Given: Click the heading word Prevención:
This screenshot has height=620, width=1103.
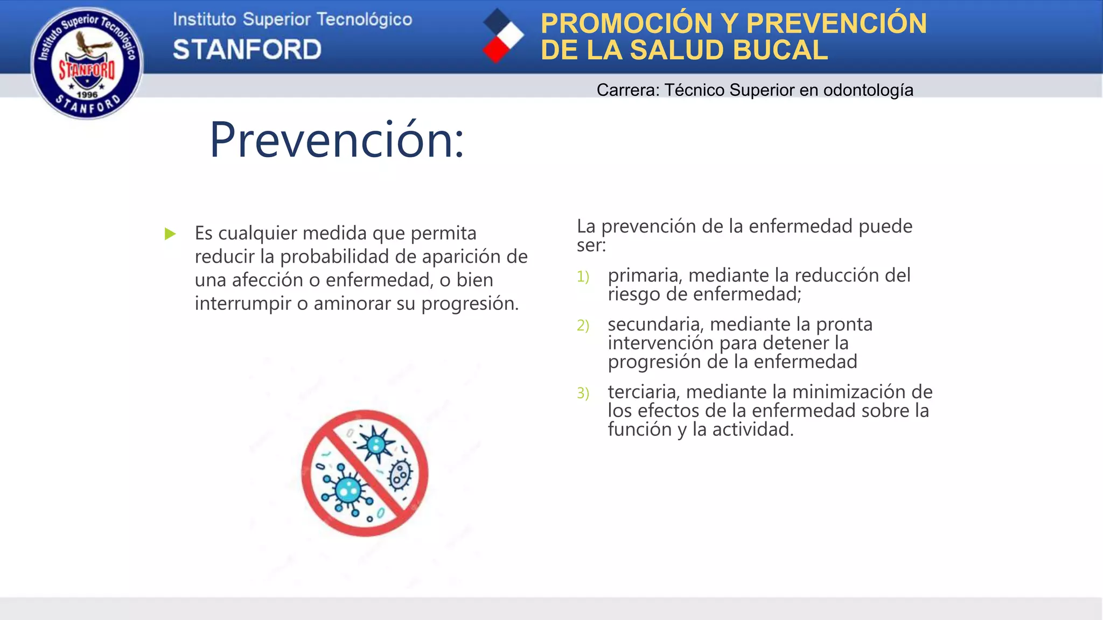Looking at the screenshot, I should [337, 140].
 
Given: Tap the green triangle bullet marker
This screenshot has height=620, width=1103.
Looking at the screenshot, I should [170, 234].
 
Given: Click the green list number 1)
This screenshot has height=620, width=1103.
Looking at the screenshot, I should [583, 277].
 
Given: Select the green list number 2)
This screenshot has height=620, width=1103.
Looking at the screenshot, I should [583, 326].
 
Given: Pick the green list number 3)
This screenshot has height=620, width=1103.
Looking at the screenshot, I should [583, 393].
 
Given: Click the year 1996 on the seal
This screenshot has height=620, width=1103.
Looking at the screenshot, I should [87, 95].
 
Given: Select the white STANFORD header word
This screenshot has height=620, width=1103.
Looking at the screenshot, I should [247, 50].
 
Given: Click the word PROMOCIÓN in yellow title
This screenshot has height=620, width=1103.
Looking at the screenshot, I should [626, 23].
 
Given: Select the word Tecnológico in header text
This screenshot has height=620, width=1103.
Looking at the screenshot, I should [364, 19].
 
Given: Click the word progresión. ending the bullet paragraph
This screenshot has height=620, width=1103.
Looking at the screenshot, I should [470, 304].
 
